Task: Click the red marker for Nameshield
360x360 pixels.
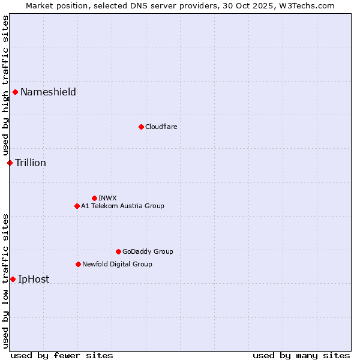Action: tap(15, 92)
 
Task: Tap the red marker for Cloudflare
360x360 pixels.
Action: tap(141, 127)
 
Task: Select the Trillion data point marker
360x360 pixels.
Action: tap(10, 163)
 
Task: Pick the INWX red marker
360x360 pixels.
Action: tap(94, 198)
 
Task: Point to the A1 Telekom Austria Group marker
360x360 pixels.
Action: tap(77, 206)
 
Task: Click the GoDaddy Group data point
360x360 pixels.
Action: tap(118, 251)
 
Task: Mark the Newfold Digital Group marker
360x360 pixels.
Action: tap(78, 264)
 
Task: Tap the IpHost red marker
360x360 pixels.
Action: tap(13, 279)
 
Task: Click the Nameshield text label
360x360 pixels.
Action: tap(48, 92)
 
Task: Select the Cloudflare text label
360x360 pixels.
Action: tap(161, 127)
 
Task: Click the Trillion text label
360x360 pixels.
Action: tap(31, 163)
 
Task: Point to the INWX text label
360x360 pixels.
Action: tap(107, 198)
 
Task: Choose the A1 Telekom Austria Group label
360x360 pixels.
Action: tap(122, 206)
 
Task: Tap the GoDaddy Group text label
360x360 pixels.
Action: tap(148, 251)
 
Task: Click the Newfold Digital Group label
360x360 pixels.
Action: tap(117, 264)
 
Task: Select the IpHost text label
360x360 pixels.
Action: tap(34, 279)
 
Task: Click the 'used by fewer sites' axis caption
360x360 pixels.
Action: tap(62, 355)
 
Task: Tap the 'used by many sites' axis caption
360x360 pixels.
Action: tap(301, 355)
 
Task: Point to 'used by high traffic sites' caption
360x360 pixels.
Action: tap(5, 86)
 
